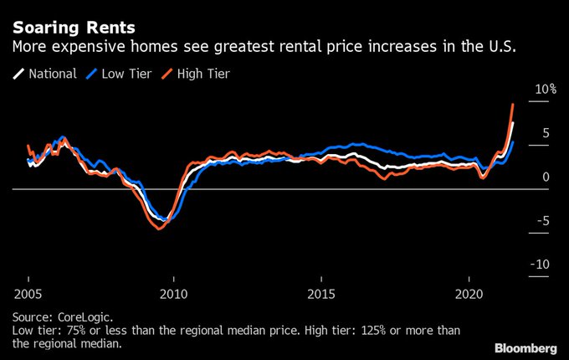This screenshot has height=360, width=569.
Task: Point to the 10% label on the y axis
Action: [x=545, y=89]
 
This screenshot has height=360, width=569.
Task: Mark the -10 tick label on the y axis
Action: [x=541, y=264]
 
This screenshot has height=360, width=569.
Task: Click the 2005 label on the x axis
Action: [x=28, y=296]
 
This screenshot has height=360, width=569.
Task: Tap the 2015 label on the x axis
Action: [x=322, y=296]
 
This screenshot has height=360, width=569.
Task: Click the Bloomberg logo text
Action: [x=525, y=347]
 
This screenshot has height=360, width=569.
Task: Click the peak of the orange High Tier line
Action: [x=513, y=104]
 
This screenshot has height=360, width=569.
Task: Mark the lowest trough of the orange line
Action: [x=159, y=229]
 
